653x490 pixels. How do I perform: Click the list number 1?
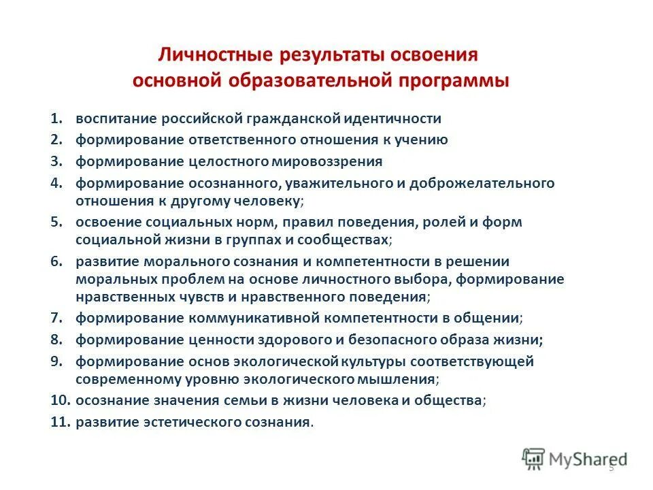(56, 118)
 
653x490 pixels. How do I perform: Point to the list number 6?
(56, 261)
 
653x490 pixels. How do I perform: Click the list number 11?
(60, 422)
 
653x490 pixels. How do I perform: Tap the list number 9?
(56, 361)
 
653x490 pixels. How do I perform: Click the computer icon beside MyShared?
(533, 458)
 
